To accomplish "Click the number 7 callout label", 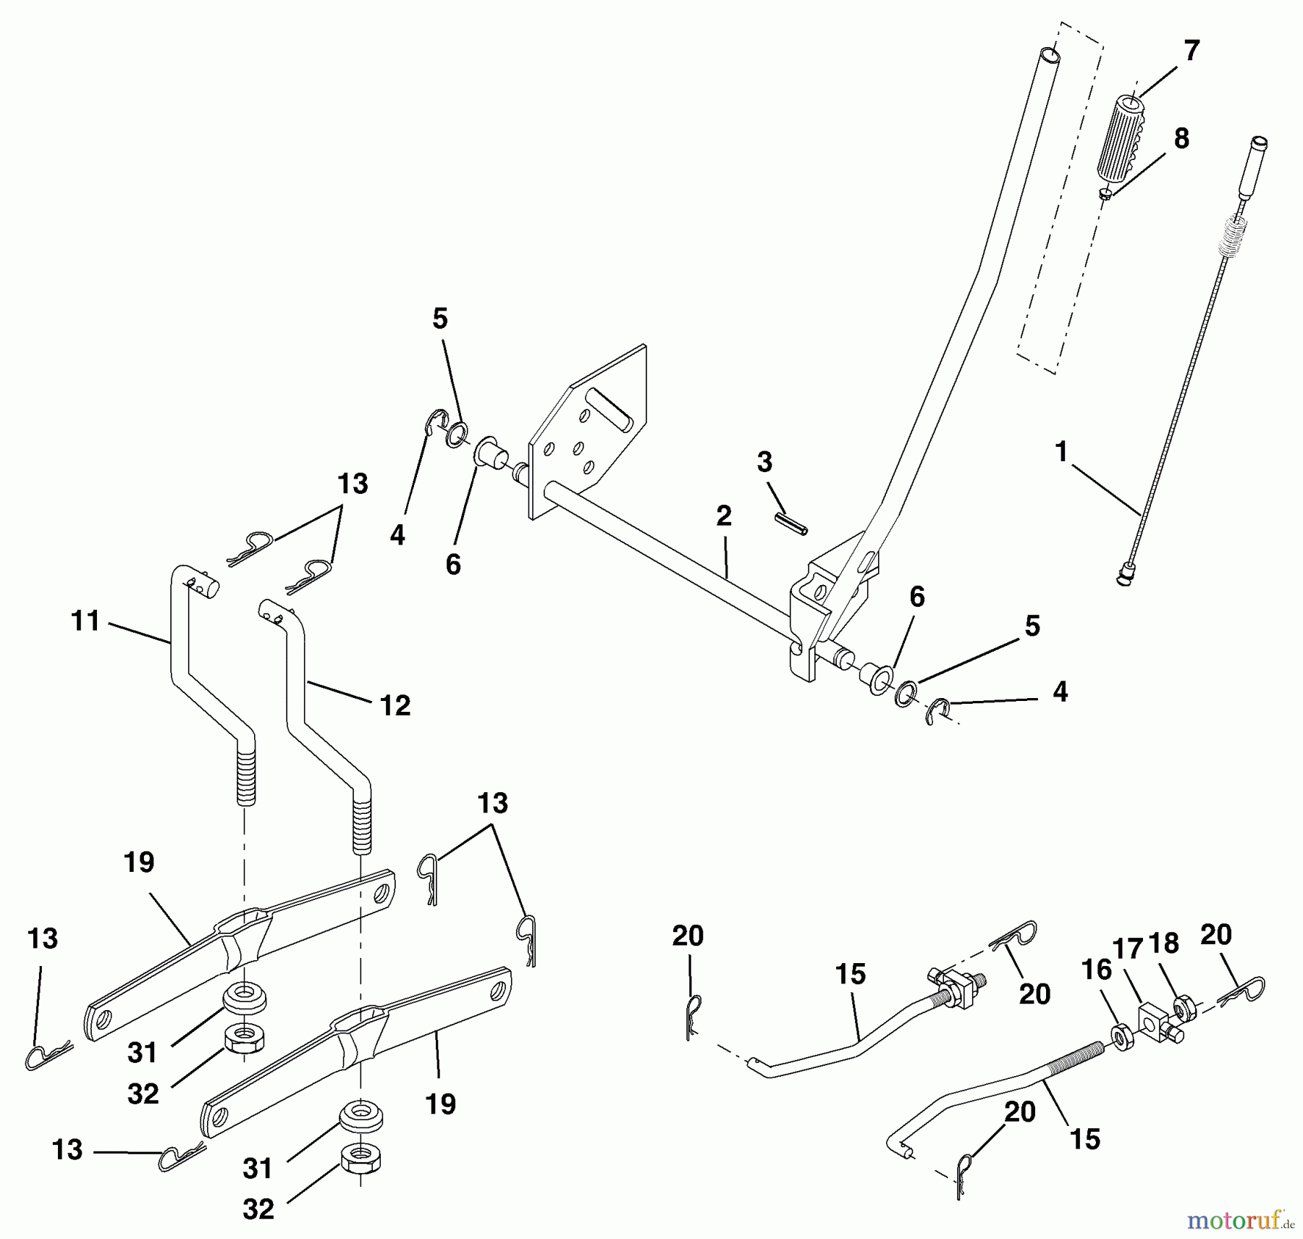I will pos(1191,51).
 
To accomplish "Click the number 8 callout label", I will pos(1181,138).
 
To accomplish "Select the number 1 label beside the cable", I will pos(1061,452).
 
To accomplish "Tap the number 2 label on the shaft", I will pos(723,516).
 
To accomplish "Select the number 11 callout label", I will pos(85,621).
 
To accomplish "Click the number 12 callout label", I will pos(395,705).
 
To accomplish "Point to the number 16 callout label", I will pos(1096,970).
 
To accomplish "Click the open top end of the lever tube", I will pos(1050,56).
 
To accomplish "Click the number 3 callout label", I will pos(764,462).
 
